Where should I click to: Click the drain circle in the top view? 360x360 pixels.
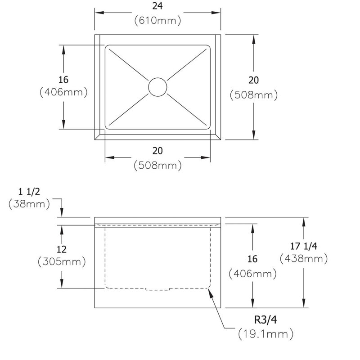(x=157, y=87)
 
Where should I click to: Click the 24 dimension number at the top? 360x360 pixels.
(x=157, y=6)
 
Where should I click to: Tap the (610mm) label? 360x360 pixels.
(x=157, y=20)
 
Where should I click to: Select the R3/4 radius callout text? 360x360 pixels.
(x=265, y=319)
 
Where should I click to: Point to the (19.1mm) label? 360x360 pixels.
(x=266, y=333)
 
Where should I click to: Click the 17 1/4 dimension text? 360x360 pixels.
(x=303, y=246)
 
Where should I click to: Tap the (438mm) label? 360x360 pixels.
(x=304, y=259)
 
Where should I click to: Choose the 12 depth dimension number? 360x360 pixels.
(x=62, y=249)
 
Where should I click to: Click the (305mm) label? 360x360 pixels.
(x=62, y=262)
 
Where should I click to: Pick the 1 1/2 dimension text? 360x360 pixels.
(x=29, y=192)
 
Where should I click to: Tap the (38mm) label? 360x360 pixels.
(x=29, y=204)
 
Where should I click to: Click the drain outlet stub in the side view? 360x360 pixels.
(x=157, y=289)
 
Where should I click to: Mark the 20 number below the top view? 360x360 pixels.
(x=157, y=151)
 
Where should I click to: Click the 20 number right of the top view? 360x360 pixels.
(x=253, y=80)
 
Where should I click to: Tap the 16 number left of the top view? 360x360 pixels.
(x=63, y=80)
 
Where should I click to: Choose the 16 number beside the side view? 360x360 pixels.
(x=252, y=259)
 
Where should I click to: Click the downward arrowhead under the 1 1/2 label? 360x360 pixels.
(x=62, y=212)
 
